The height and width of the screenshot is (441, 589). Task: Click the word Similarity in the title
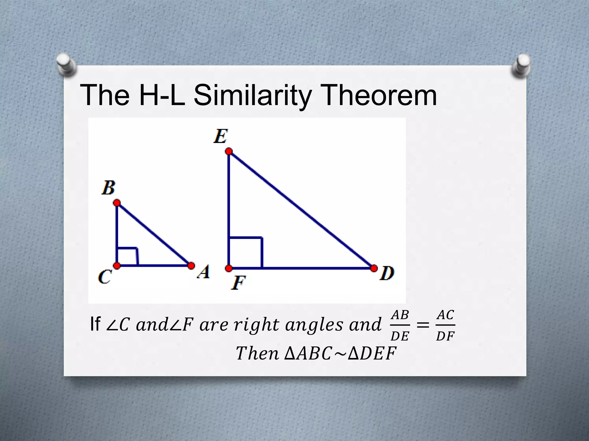(253, 95)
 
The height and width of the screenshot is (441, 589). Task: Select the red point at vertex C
(117, 266)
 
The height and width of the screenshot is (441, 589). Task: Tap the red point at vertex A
(191, 266)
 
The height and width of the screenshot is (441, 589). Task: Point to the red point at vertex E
(229, 151)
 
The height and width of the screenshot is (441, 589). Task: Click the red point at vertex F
(229, 268)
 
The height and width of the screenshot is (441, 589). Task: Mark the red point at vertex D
(374, 268)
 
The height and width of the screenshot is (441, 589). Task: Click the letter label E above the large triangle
(221, 136)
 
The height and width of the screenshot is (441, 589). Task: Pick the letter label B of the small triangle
(108, 188)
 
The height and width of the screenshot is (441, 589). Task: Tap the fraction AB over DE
(400, 325)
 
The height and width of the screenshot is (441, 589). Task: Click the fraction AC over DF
(445, 325)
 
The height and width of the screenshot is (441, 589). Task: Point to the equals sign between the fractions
(423, 326)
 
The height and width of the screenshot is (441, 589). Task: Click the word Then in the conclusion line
(257, 353)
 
